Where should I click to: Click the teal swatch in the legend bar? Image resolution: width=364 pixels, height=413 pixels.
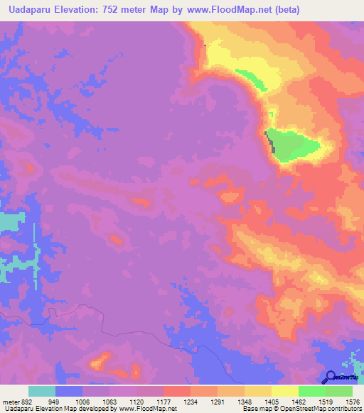click(x=42, y=391)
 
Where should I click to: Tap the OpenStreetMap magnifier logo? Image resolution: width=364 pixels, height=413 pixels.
click(x=330, y=378)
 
